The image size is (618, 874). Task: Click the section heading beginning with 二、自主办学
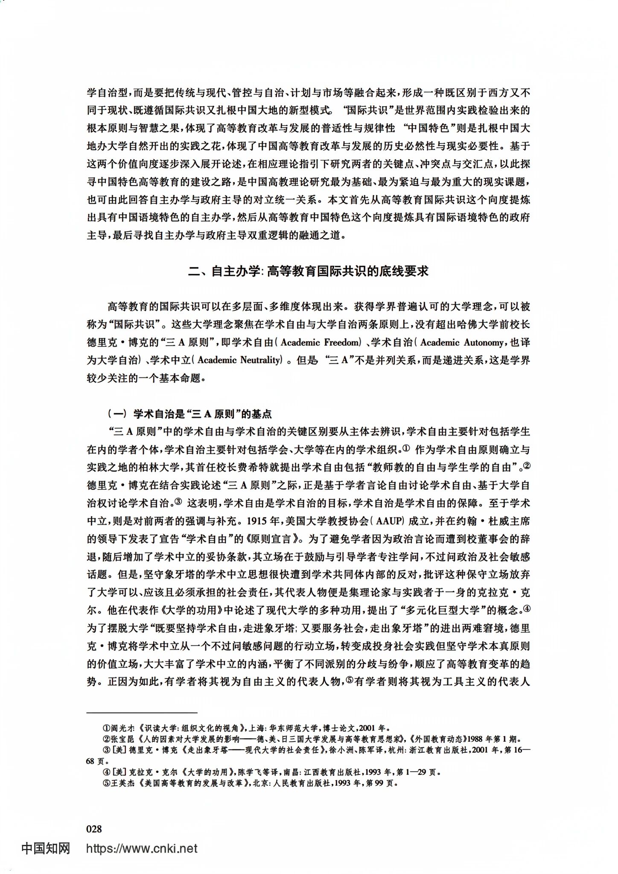coord(308,272)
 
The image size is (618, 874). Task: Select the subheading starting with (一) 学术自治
coord(190,414)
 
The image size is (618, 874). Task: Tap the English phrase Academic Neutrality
coord(239,360)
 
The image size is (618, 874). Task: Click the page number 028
coord(94,829)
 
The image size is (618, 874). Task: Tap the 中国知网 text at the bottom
coord(46,848)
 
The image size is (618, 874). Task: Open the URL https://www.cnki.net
coord(142,848)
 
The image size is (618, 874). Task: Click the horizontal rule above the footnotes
coord(142,713)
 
